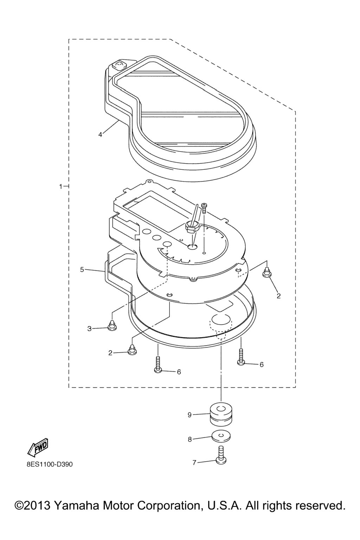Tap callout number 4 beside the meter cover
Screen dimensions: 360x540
tap(100, 135)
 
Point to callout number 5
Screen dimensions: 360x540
tap(82, 270)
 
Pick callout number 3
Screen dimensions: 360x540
tap(89, 329)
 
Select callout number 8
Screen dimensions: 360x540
tap(190, 439)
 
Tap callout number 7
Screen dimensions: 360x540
tap(194, 462)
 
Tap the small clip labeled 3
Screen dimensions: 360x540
tap(112, 325)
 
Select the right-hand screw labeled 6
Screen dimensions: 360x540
tap(241, 356)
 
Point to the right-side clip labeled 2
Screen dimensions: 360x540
tap(267, 272)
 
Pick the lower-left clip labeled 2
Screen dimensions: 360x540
tap(132, 350)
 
